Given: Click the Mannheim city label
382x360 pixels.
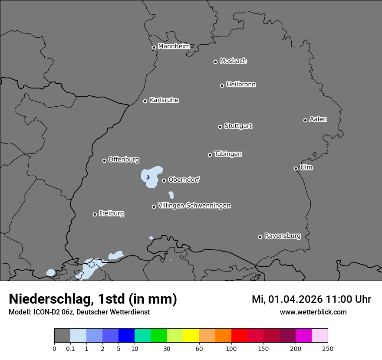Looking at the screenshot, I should (174, 46).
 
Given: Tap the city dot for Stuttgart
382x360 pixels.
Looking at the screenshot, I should (220, 127).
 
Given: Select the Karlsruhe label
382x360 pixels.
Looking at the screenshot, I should (164, 100).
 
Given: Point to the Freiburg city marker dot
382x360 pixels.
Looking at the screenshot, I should (95, 214).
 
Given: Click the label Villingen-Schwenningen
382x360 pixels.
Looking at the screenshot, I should (194, 206).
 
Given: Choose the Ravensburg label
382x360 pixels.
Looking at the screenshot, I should (282, 236).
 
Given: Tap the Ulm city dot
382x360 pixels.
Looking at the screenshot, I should (296, 168).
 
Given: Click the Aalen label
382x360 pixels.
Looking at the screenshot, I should (318, 119).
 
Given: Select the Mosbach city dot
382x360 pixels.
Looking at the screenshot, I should (215, 62).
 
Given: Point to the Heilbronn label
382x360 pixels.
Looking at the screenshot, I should (240, 85).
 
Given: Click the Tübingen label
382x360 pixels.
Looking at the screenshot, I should (227, 154).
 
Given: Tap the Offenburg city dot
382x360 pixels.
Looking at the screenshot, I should (104, 160).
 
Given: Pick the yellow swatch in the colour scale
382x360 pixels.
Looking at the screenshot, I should (191, 336).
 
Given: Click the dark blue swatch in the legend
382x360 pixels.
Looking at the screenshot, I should (127, 336).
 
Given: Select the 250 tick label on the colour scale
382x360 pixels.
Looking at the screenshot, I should (328, 348).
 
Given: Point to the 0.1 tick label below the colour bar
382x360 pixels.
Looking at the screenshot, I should (70, 348).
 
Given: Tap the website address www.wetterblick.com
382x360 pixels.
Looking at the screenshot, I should (313, 312).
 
